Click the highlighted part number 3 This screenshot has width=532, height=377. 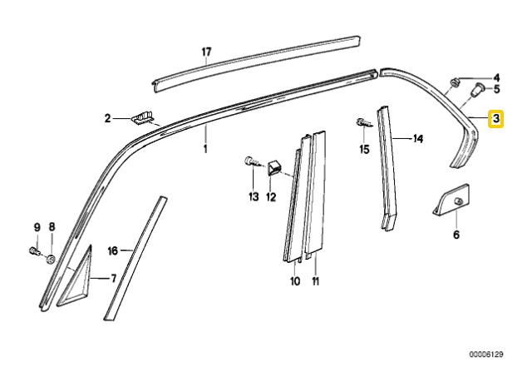(495, 119)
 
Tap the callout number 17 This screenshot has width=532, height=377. (206, 52)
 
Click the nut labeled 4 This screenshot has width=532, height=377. (455, 82)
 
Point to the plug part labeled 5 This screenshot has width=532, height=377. (478, 90)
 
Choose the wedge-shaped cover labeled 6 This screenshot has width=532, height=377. (451, 201)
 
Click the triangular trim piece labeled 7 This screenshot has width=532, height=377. (76, 277)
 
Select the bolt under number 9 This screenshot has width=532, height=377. (34, 251)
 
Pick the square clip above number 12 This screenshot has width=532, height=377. (274, 168)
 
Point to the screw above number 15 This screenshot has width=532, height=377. (364, 123)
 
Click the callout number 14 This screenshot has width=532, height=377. (418, 139)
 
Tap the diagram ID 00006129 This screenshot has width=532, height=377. (486, 355)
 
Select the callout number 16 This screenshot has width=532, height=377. (113, 251)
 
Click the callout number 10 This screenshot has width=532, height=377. (295, 281)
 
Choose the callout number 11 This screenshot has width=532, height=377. (316, 281)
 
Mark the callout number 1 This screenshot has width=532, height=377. (205, 148)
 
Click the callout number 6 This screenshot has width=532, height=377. (456, 235)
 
